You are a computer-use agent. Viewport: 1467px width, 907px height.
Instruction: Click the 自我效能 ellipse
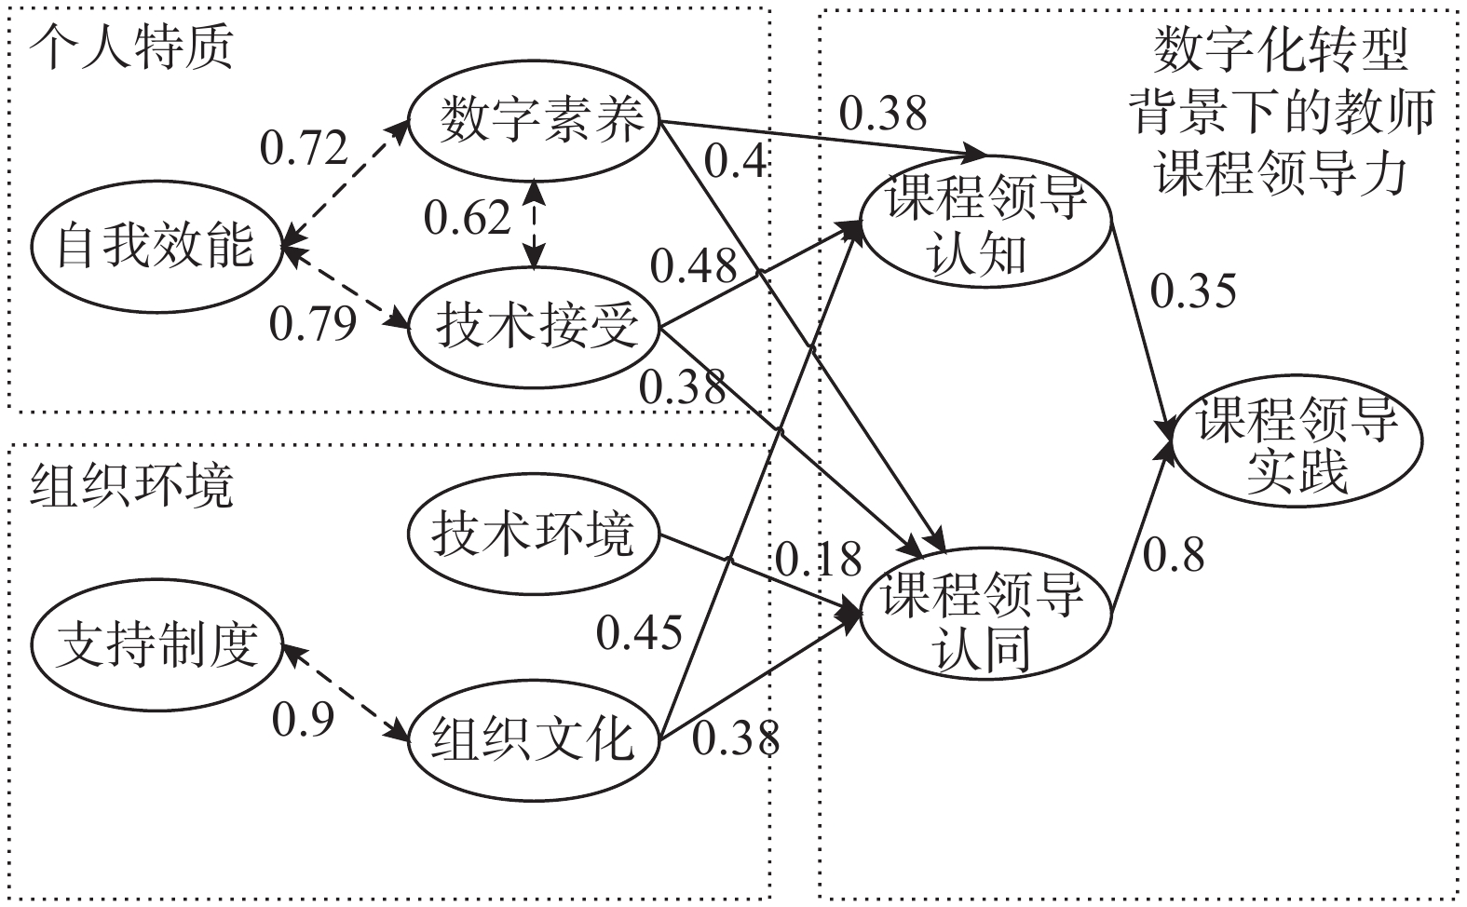pos(156,247)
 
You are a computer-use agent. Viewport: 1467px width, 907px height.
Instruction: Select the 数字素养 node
pos(535,121)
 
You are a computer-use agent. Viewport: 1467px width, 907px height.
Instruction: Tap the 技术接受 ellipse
pos(535,328)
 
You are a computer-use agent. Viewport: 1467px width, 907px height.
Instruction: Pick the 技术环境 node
pos(534,535)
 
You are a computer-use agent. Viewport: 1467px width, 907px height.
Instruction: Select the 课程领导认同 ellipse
pos(985,618)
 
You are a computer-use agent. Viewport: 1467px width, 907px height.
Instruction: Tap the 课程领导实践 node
pos(1297,442)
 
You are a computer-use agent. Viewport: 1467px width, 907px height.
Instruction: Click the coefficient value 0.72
pos(304,149)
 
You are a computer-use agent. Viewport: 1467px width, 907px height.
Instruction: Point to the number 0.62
pos(468,219)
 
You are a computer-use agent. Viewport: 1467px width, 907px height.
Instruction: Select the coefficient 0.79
pos(313,324)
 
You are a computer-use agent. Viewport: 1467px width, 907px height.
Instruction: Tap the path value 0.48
pos(693,266)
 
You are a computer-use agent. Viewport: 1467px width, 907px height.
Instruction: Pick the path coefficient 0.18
pos(818,560)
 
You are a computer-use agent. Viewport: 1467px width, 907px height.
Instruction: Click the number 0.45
pos(639,633)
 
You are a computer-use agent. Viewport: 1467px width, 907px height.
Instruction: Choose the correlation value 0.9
pos(302,719)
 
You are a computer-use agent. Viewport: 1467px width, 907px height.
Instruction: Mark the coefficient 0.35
pos(1193,291)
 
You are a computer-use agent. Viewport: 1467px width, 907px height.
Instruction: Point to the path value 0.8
pos(1174,555)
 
